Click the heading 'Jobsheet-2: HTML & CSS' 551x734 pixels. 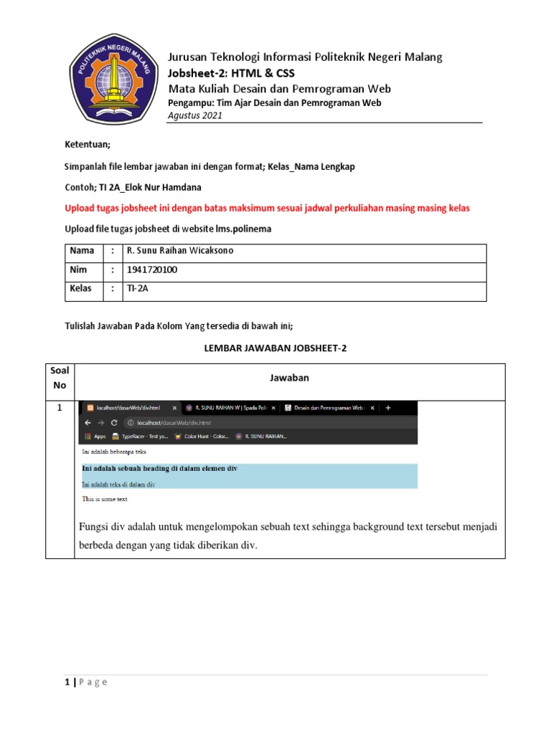[230, 73]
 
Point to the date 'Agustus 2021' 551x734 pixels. [194, 115]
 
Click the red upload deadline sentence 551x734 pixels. [267, 208]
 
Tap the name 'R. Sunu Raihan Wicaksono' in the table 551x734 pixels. [179, 250]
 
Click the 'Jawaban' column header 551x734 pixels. [289, 378]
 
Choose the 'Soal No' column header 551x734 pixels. [60, 378]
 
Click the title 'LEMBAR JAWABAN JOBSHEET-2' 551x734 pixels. [276, 348]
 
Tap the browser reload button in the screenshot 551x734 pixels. [114, 422]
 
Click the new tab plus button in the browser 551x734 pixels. [388, 408]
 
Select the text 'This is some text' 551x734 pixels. [105, 499]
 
